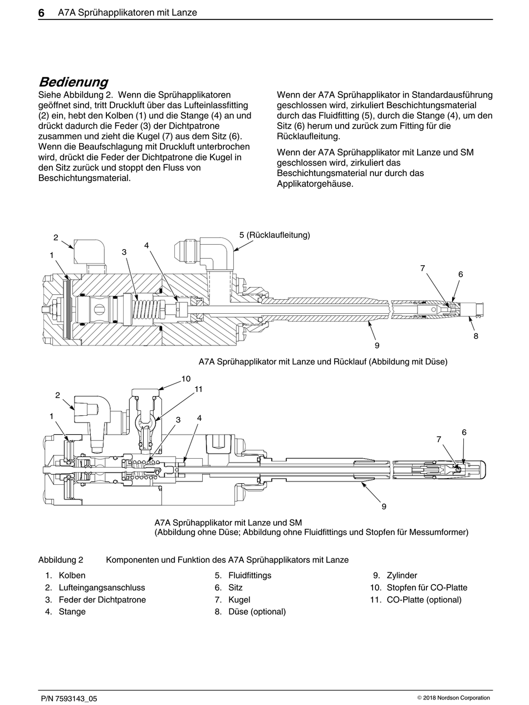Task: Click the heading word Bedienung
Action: pos(73,82)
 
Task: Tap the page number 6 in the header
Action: pos(41,12)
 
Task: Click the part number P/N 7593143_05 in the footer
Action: pos(69,698)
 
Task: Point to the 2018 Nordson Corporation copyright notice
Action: pos(453,698)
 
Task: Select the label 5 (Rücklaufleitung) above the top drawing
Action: pos(275,235)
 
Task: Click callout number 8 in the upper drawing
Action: pos(476,336)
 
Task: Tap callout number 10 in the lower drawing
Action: pos(186,379)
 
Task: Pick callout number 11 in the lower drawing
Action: pos(198,390)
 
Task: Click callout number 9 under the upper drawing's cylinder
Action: pos(377,346)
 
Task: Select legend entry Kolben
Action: pos(72,575)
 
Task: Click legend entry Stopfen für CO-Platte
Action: pos(427,587)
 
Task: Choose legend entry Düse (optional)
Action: pos(257,611)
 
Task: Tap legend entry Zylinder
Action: pos(401,575)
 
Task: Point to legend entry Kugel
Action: pos(239,600)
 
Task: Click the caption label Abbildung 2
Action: pos(61,560)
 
